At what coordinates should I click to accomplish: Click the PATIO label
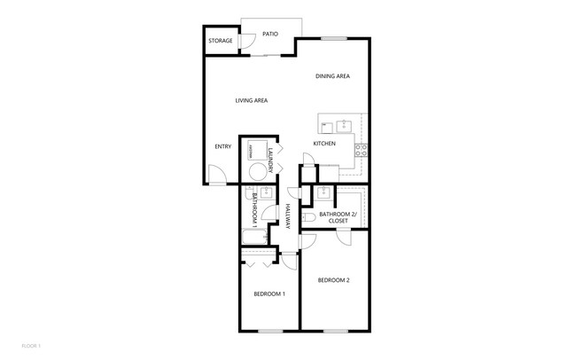point(270,35)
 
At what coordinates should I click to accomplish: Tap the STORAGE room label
point(221,41)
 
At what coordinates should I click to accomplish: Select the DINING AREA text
point(332,76)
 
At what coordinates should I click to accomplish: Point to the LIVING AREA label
point(252,100)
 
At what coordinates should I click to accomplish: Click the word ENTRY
point(222,146)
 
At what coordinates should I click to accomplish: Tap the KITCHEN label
point(323,144)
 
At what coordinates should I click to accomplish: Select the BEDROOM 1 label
point(269,293)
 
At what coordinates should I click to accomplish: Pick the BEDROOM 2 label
point(334,281)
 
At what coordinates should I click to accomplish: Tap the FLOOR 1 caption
point(31,344)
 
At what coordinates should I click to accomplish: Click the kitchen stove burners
point(362,150)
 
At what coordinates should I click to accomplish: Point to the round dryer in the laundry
point(256,173)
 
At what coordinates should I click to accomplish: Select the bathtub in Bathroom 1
point(254,237)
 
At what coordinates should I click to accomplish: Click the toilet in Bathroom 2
point(307,216)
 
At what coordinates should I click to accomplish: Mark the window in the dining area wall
point(333,38)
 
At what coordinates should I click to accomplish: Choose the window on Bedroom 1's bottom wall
point(270,331)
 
